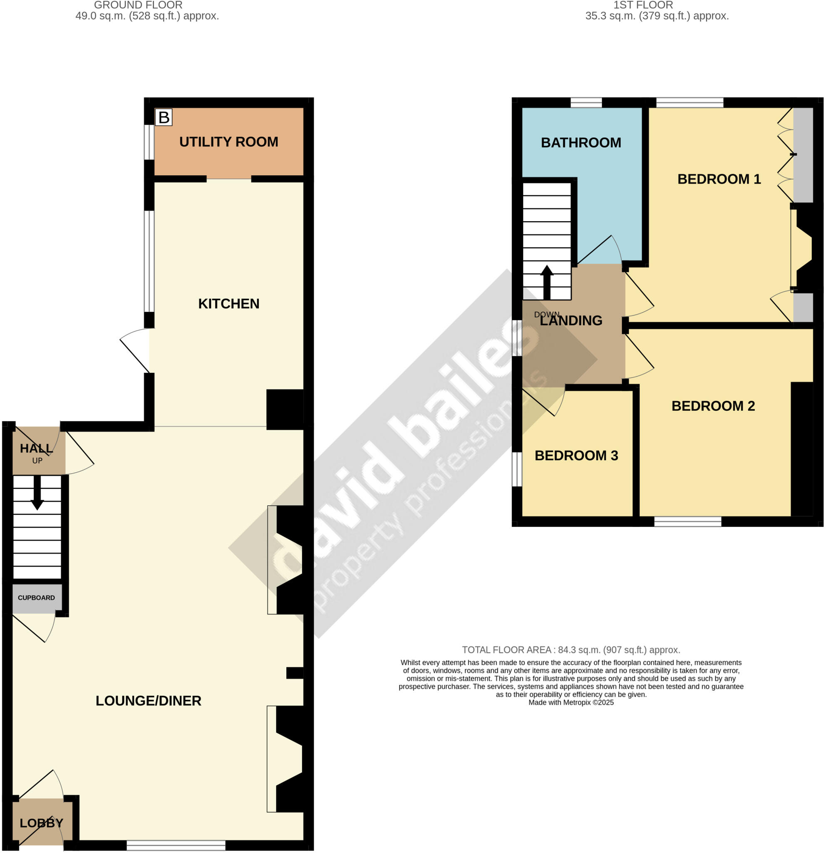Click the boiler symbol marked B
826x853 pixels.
pos(164,117)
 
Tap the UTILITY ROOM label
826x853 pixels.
pos(229,142)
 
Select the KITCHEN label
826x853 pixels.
pos(229,304)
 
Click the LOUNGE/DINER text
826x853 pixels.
pos(148,701)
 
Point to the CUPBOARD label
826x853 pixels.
pos(37,598)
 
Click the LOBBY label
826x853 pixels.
pos(41,823)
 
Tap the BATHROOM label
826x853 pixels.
pos(581,143)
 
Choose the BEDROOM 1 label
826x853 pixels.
pos(719,179)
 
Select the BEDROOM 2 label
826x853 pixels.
pos(713,406)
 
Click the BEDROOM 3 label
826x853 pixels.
pos(576,456)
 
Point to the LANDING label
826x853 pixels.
pos(571,321)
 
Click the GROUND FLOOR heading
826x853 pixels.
pos(138,5)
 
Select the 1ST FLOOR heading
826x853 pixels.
pos(643,5)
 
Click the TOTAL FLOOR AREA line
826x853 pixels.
pos(571,650)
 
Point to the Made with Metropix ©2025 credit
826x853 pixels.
pos(571,702)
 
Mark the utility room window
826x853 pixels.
pos(149,142)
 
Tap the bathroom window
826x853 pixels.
pos(586,103)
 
